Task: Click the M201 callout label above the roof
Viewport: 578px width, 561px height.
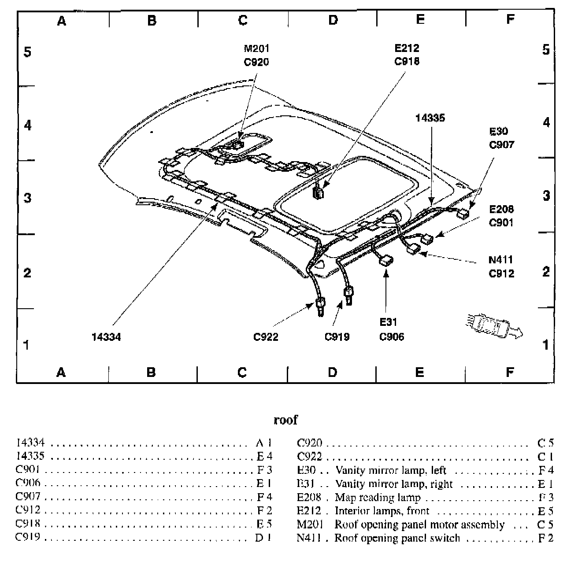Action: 256,48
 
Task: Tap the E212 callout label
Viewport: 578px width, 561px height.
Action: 407,48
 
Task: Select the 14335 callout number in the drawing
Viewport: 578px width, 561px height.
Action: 430,118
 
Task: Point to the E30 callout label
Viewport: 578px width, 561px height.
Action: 498,131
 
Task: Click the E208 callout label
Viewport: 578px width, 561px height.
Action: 501,209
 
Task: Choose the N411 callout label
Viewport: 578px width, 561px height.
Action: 501,260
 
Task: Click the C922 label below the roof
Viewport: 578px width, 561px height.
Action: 266,337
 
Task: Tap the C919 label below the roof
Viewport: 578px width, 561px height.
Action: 337,337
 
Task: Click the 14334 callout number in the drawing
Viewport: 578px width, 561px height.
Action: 106,337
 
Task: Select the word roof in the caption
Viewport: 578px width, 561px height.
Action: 285,420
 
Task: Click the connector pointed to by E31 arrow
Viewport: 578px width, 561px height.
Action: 386,261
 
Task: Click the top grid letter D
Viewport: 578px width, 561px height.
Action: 333,20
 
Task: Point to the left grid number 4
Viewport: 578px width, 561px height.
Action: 28,125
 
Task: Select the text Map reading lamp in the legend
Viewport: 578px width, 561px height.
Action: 378,498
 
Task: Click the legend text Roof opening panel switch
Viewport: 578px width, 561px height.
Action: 397,538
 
